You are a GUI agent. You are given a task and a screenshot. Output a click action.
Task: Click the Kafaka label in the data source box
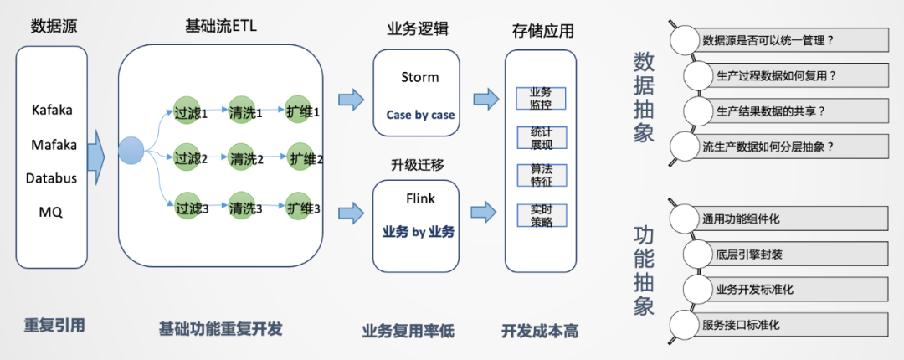[x=52, y=110]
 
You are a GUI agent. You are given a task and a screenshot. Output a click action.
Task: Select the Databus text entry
[x=52, y=178]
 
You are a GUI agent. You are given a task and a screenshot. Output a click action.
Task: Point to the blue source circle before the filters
[x=131, y=151]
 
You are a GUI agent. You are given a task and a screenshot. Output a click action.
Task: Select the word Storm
[x=419, y=77]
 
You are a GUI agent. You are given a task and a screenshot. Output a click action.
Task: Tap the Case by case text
[x=420, y=115]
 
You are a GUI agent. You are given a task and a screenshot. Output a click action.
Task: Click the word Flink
[x=419, y=199]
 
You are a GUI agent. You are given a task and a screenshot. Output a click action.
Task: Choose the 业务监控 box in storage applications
[x=541, y=98]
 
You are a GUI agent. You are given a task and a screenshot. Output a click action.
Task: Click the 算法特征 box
[x=541, y=174]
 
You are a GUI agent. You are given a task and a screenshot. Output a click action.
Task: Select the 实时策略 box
[x=541, y=213]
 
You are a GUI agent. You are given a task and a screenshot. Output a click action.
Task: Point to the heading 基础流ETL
[x=221, y=27]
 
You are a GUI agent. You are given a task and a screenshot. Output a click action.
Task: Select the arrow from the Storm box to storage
[x=485, y=100]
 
